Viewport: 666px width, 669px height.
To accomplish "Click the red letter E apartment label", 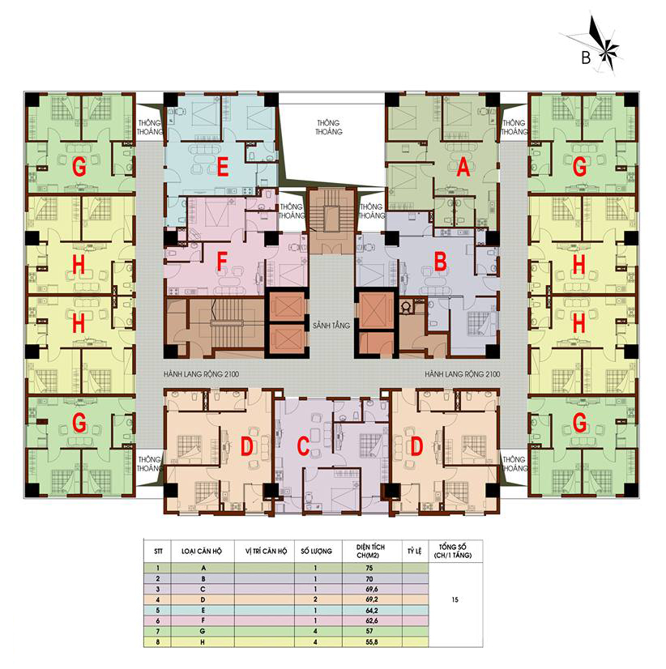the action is tap(223, 166).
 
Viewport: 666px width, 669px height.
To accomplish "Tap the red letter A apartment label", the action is tap(463, 166).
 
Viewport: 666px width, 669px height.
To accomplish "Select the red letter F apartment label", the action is tap(221, 261).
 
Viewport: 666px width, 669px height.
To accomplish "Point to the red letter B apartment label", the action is tap(440, 261).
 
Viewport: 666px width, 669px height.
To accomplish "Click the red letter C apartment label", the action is tap(303, 446).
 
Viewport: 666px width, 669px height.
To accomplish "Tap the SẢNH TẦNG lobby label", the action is tap(331, 326).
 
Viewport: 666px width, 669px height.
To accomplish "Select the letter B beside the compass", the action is tap(586, 58).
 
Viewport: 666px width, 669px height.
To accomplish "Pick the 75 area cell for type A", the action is tap(369, 568).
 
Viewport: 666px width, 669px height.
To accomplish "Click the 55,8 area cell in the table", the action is tap(371, 641).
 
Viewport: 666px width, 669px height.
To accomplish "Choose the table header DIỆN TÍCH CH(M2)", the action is tap(370, 551).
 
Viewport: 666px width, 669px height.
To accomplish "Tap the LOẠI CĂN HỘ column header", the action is tap(202, 552).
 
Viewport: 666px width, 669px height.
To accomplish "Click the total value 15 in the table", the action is tap(455, 599).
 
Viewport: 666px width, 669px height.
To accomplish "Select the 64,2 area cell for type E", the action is tap(371, 610).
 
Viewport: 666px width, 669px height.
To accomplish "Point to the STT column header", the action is tap(158, 552).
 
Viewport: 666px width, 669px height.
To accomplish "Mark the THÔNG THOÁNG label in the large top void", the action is tap(329, 127).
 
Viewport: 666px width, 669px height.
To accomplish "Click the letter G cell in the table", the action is tap(203, 631).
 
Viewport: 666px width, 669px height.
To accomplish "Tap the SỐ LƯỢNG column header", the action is tap(316, 552).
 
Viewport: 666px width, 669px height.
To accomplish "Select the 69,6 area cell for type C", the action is tap(371, 589).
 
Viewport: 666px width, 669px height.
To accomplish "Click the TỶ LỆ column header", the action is tap(414, 552).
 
